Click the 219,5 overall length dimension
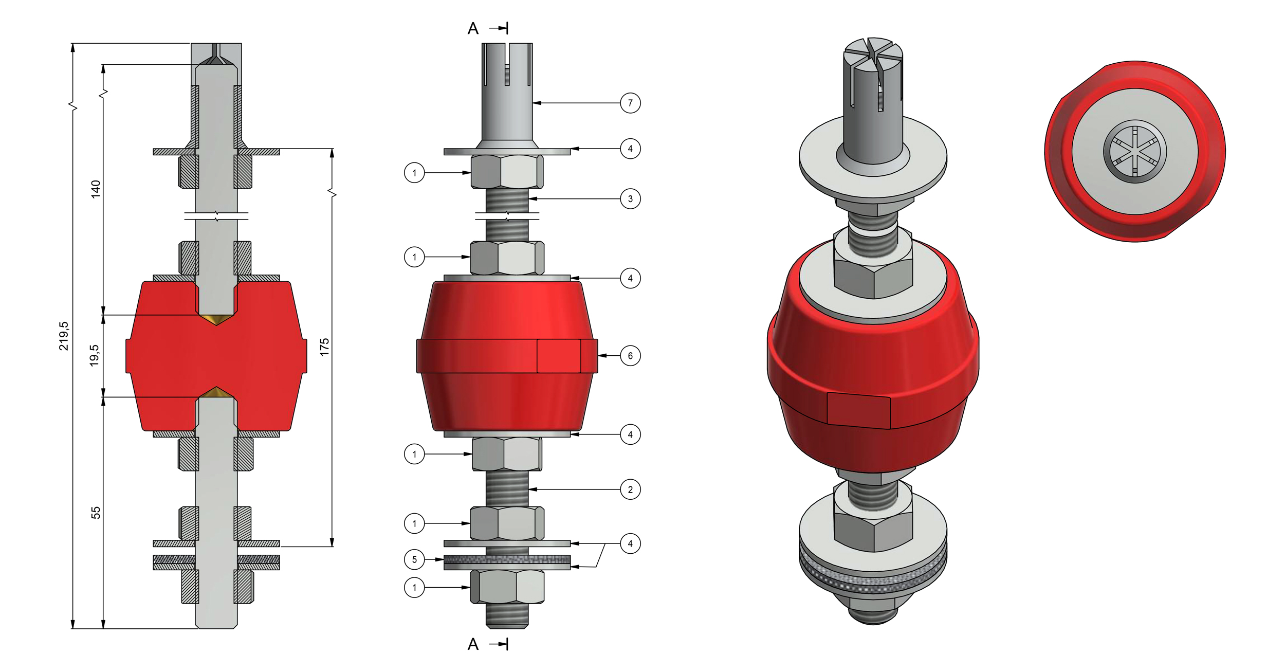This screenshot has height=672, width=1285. click(64, 336)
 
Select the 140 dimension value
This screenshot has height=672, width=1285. click(96, 189)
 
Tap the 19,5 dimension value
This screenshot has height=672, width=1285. click(95, 355)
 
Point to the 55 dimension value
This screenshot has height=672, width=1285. click(96, 513)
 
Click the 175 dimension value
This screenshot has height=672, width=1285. click(324, 347)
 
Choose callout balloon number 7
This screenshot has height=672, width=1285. click(630, 103)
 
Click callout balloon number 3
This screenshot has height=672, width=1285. click(630, 199)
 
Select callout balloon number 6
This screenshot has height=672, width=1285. click(630, 356)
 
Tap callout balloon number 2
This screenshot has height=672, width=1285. click(630, 489)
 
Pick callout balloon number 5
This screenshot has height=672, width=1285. click(414, 559)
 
